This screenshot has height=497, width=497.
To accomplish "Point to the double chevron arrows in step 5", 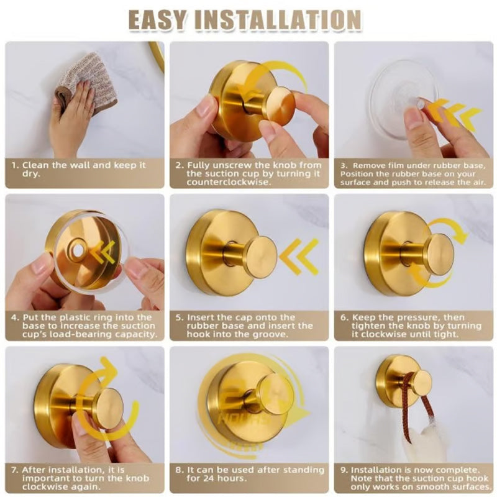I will (x=299, y=256).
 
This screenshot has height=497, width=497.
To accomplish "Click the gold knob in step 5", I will (x=259, y=257).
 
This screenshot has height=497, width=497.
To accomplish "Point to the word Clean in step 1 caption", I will (x=35, y=165).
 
